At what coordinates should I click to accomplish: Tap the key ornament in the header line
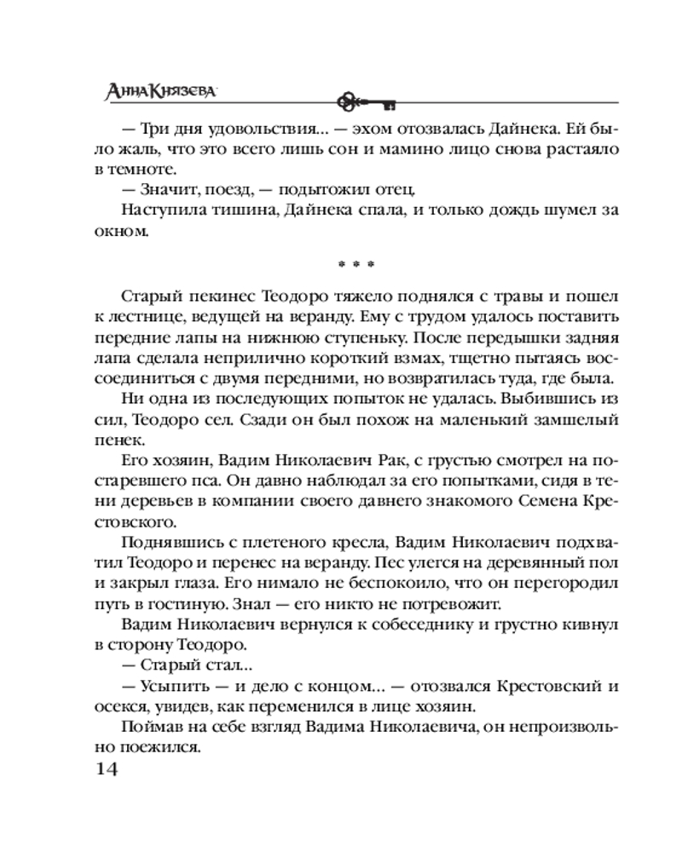click(366, 102)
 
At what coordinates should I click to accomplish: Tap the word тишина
click(223, 210)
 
